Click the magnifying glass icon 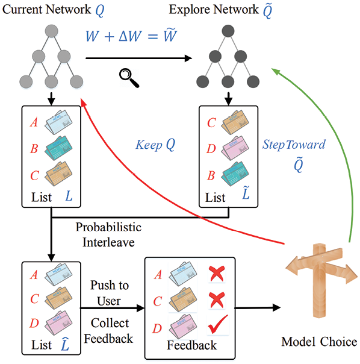coord(129,78)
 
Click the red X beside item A coord(217,274)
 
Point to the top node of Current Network coord(52,31)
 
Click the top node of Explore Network coord(228,31)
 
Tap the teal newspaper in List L coord(58,148)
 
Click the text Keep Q coord(155,145)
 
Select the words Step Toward coord(294,145)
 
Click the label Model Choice coord(319,342)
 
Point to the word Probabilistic coord(108,227)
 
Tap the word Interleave coord(108,242)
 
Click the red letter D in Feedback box coord(157,328)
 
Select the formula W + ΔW coord(114,36)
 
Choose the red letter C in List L coord(34,175)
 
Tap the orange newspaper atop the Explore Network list coord(235,122)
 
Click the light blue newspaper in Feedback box coord(183,274)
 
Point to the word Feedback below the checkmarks coord(191,345)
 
